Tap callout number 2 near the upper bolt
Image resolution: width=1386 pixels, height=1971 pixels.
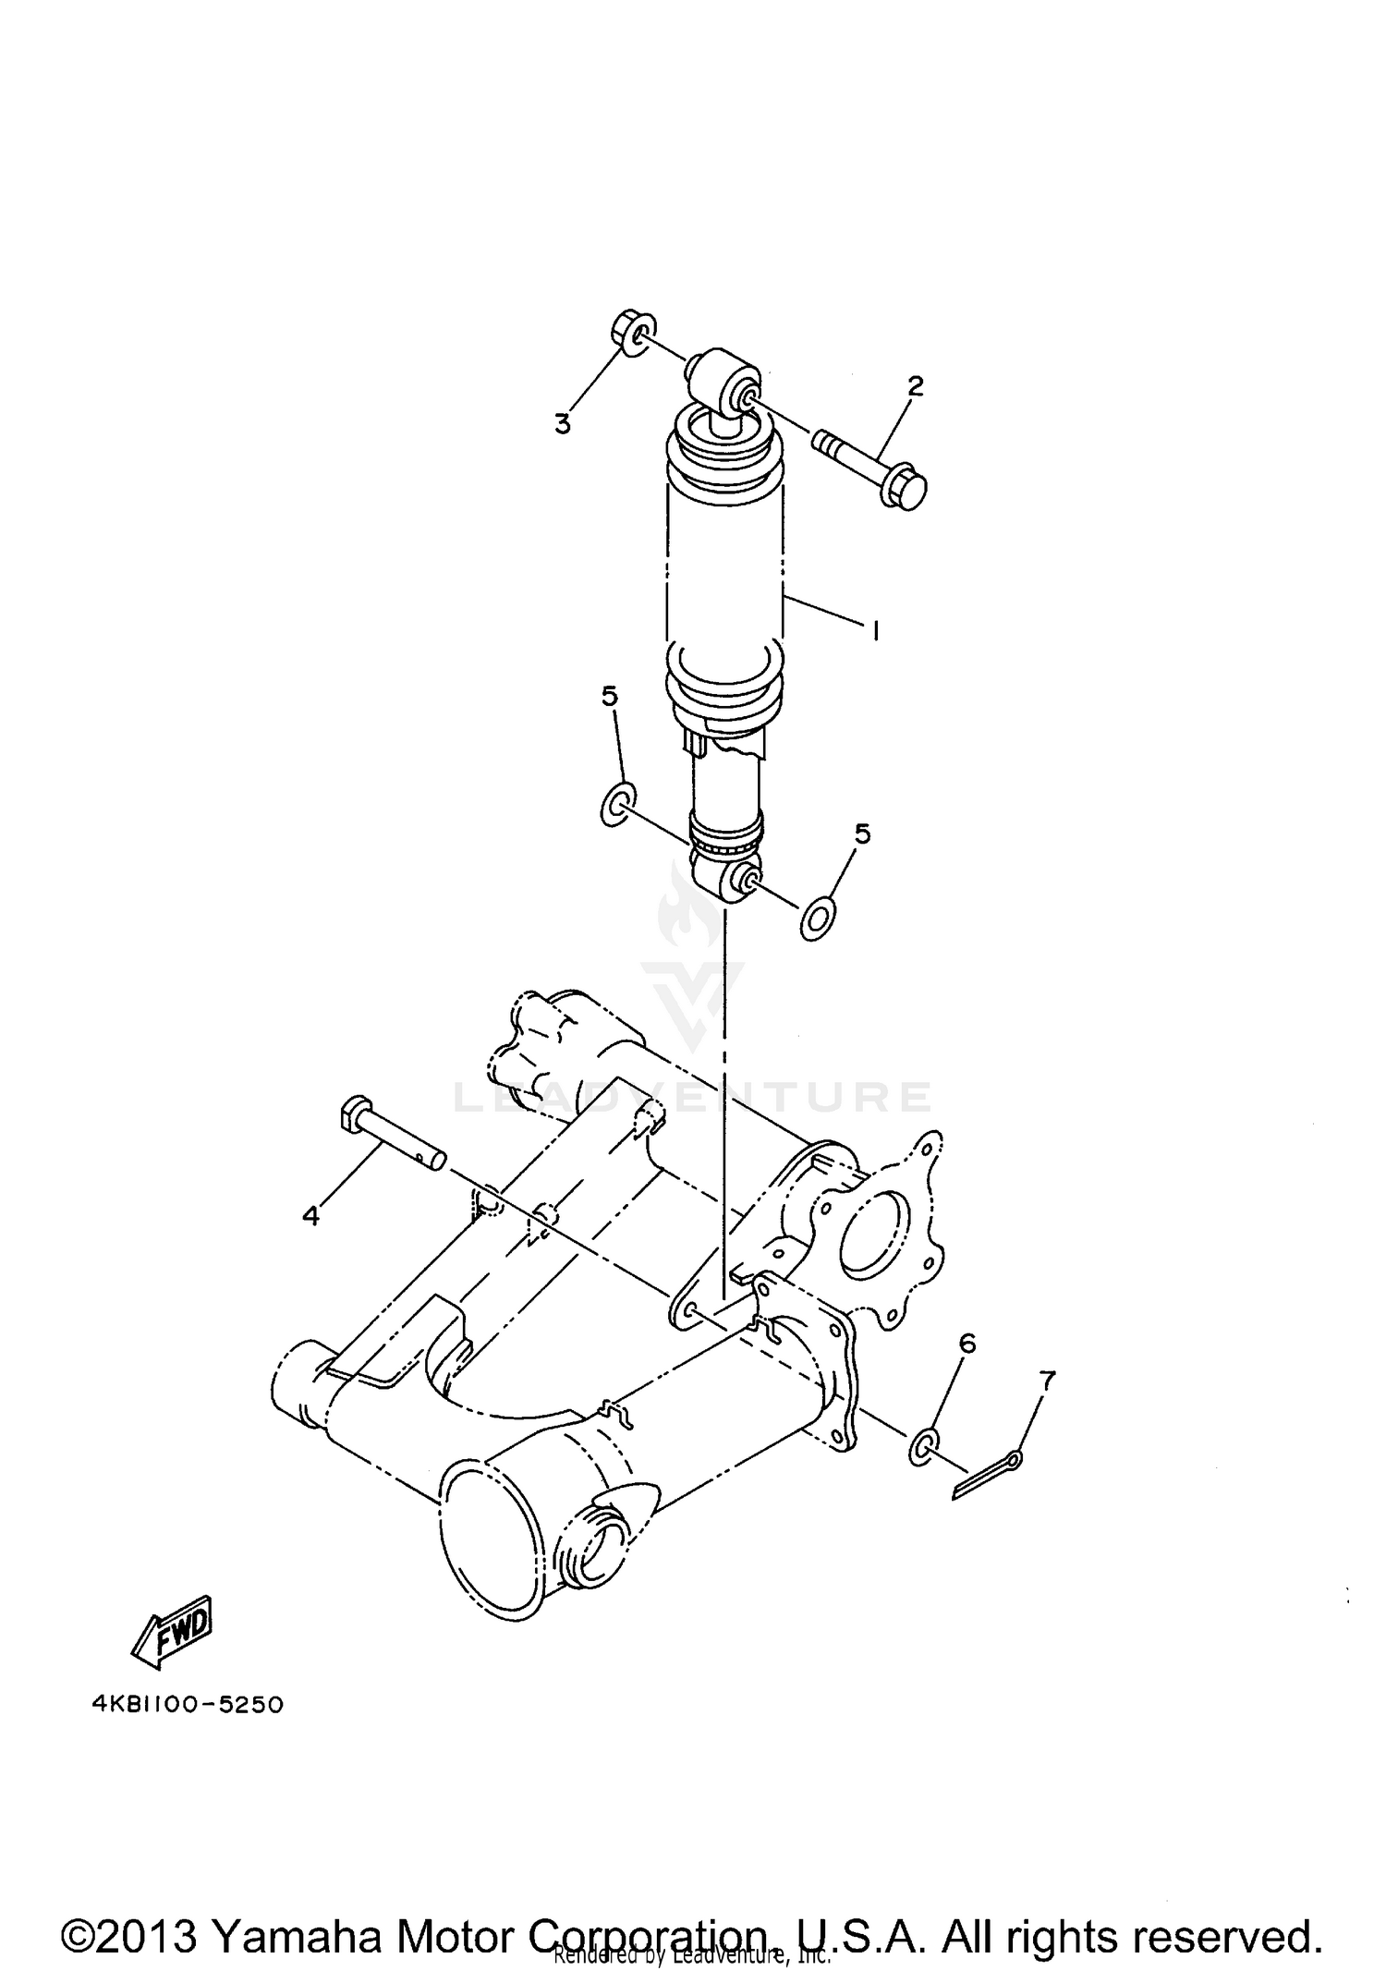[915, 385]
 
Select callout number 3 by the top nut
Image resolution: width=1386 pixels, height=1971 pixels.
[562, 423]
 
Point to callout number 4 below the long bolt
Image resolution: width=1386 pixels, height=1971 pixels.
[311, 1216]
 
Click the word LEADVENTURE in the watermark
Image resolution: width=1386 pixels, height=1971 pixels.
[693, 1097]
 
